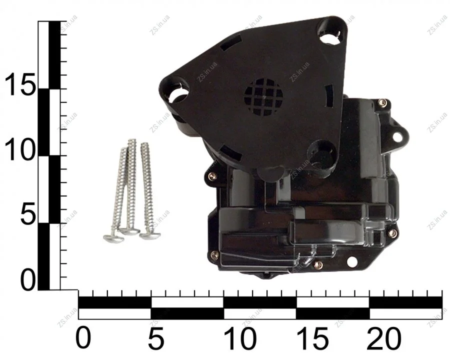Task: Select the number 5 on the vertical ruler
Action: [27, 214]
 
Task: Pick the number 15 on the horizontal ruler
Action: [312, 338]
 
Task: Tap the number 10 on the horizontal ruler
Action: [240, 338]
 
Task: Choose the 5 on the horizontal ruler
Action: [156, 338]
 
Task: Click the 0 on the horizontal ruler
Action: [83, 338]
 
